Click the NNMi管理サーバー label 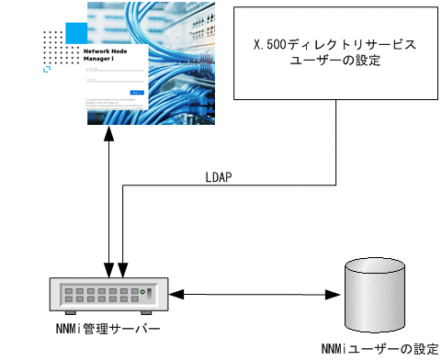(108, 328)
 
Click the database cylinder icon (374, 297)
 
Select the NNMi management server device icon (108, 294)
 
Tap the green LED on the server (142, 294)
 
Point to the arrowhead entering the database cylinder (335, 295)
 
